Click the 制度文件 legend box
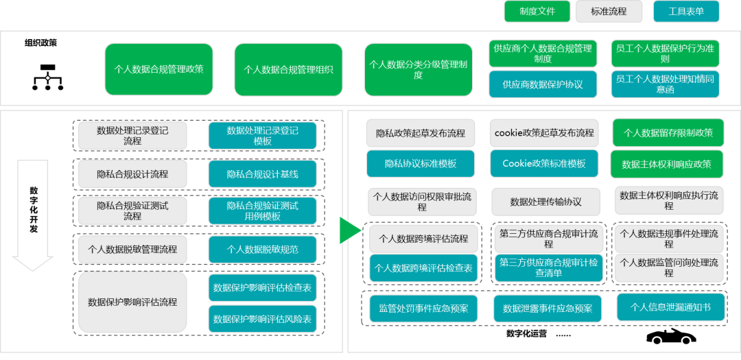click(x=537, y=12)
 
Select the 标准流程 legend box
click(x=609, y=12)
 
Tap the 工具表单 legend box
click(x=686, y=12)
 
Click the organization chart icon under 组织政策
click(x=47, y=77)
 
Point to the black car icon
click(x=671, y=336)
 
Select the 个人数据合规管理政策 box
click(x=159, y=69)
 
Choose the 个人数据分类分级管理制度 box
click(x=419, y=69)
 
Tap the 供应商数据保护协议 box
click(x=543, y=84)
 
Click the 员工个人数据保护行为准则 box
click(x=665, y=53)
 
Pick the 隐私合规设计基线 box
click(x=263, y=174)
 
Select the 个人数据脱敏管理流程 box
click(x=132, y=249)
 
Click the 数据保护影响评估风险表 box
click(x=263, y=319)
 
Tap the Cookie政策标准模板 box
click(x=544, y=164)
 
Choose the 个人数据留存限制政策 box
click(x=668, y=132)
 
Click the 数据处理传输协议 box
click(x=545, y=202)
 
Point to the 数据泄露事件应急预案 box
click(x=548, y=309)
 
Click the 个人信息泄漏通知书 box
click(x=670, y=307)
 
